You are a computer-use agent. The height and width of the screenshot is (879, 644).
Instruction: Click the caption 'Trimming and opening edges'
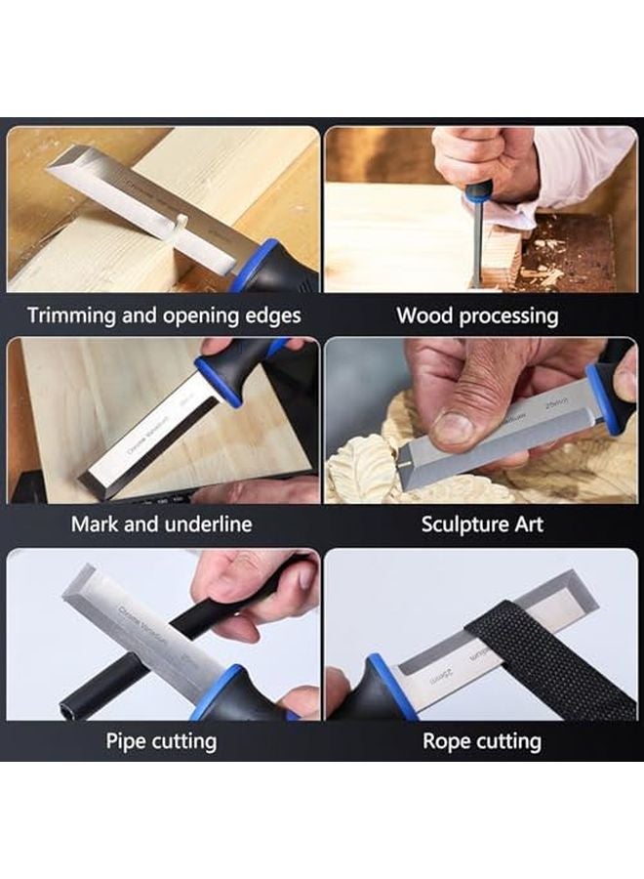click(x=164, y=315)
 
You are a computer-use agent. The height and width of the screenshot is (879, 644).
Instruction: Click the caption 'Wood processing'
click(x=477, y=315)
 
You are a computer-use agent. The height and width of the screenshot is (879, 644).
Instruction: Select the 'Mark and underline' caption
click(x=161, y=523)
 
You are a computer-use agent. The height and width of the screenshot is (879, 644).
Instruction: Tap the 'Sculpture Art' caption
click(x=480, y=523)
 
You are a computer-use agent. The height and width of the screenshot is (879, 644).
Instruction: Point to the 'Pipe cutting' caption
click(x=160, y=740)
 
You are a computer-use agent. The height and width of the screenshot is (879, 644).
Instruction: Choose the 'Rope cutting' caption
click(x=481, y=740)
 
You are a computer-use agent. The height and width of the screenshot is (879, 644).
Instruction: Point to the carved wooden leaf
click(x=363, y=469)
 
